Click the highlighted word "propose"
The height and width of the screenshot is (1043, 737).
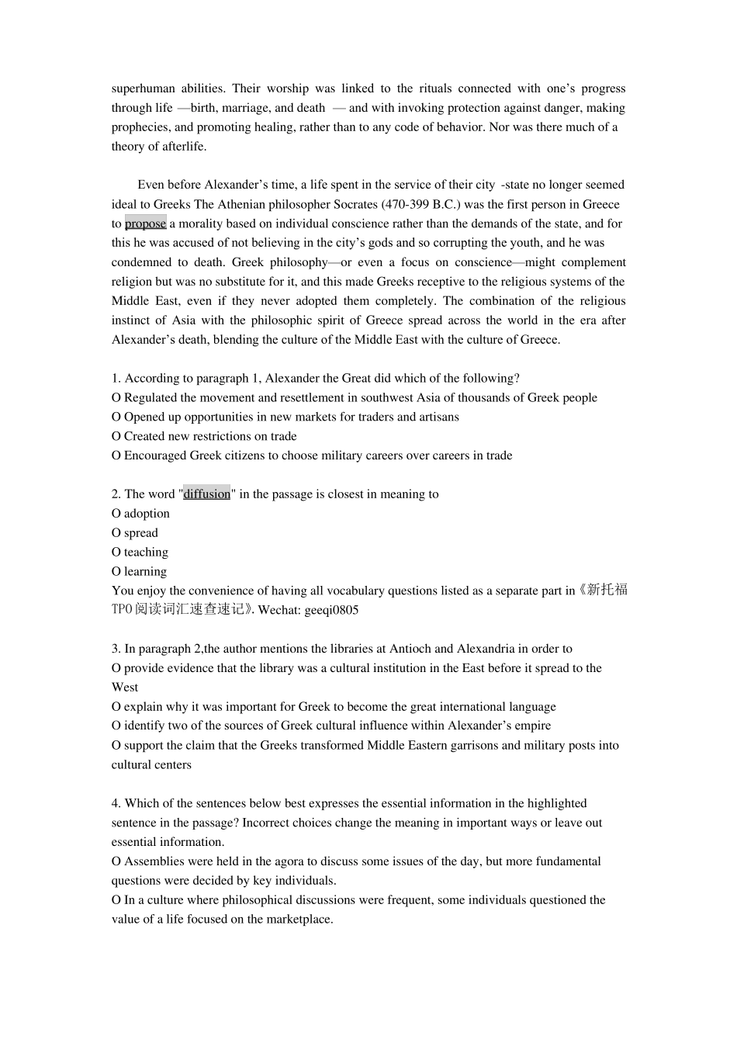point(145,223)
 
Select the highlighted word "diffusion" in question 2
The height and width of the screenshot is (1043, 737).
point(206,494)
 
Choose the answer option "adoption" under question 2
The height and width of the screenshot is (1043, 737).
point(147,514)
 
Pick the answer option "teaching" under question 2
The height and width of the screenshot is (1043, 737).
point(146,553)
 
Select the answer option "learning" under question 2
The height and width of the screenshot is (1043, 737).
point(145,572)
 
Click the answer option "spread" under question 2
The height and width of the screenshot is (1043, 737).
point(140,533)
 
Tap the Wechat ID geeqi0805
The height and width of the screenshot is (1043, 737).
point(331,610)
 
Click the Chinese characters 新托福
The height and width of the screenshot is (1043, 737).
point(607,591)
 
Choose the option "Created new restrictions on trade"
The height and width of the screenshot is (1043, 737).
point(210,436)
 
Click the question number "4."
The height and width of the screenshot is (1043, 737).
point(116,804)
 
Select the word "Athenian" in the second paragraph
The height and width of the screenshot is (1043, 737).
point(241,205)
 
